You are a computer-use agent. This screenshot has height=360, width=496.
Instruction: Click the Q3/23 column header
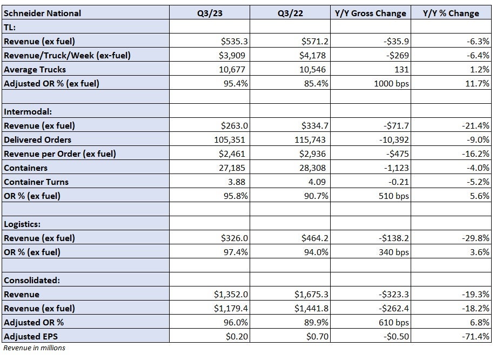[x=210, y=14]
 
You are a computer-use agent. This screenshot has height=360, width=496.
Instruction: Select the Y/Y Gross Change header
[x=371, y=14]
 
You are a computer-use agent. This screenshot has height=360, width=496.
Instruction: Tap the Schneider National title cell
[x=42, y=14]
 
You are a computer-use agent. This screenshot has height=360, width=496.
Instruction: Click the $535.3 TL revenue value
[x=234, y=42]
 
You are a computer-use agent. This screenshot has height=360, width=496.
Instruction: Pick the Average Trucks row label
[x=35, y=70]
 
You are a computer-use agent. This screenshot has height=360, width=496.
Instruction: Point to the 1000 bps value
[x=391, y=84]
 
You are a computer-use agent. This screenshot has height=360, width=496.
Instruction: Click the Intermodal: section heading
[x=28, y=112]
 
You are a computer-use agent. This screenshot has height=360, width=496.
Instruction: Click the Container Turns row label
[x=36, y=182]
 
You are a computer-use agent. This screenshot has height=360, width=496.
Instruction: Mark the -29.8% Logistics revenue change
[x=475, y=238]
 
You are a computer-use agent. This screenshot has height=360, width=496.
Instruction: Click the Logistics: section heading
[x=22, y=224]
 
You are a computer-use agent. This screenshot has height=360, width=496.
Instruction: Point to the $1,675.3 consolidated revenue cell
[x=311, y=295]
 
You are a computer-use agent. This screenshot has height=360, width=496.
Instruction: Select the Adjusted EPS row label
[x=31, y=337]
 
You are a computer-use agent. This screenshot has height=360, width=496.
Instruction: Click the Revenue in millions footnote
[x=34, y=348]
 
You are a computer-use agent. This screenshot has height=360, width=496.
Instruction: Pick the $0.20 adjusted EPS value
[x=237, y=337]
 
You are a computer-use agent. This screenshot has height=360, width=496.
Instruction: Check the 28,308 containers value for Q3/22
[x=312, y=168]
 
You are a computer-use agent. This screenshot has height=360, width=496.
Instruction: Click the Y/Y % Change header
[x=451, y=14]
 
